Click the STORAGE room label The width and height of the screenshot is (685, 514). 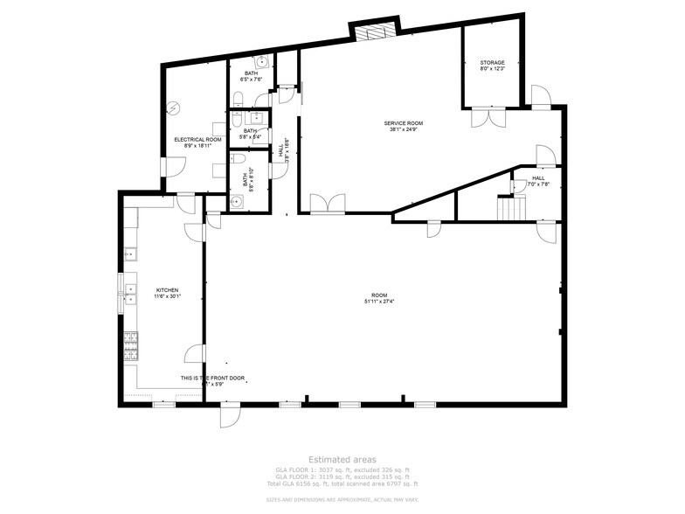click(x=492, y=63)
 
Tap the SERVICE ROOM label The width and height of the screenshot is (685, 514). click(x=404, y=123)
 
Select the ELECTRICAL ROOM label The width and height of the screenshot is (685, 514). click(x=197, y=140)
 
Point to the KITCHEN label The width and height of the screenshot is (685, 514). click(x=167, y=289)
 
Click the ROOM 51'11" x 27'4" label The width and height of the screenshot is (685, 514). click(x=378, y=295)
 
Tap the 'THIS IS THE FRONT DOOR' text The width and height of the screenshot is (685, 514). click(x=212, y=378)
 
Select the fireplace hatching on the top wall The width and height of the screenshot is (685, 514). click(x=373, y=31)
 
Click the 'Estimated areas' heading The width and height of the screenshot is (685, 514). click(x=342, y=459)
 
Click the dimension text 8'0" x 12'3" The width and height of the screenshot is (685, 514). click(x=492, y=69)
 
